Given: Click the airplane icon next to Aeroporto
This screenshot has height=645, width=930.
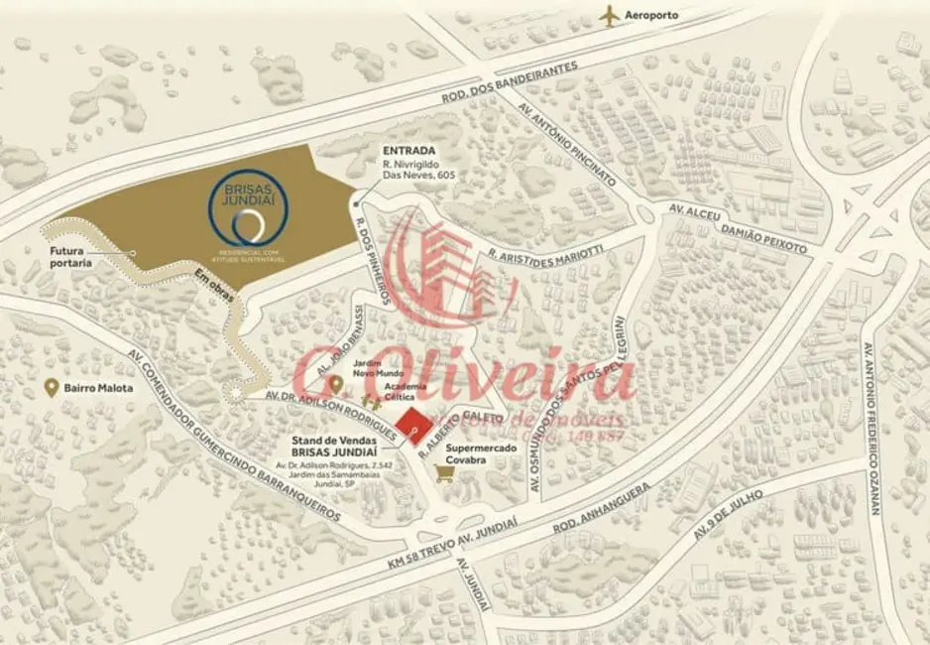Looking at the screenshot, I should tap(610, 15).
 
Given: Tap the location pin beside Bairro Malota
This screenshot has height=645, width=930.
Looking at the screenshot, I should tap(51, 388).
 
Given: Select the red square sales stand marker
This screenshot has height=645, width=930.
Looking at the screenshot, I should tap(412, 426).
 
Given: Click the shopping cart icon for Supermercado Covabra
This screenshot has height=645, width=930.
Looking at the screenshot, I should tap(446, 474).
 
